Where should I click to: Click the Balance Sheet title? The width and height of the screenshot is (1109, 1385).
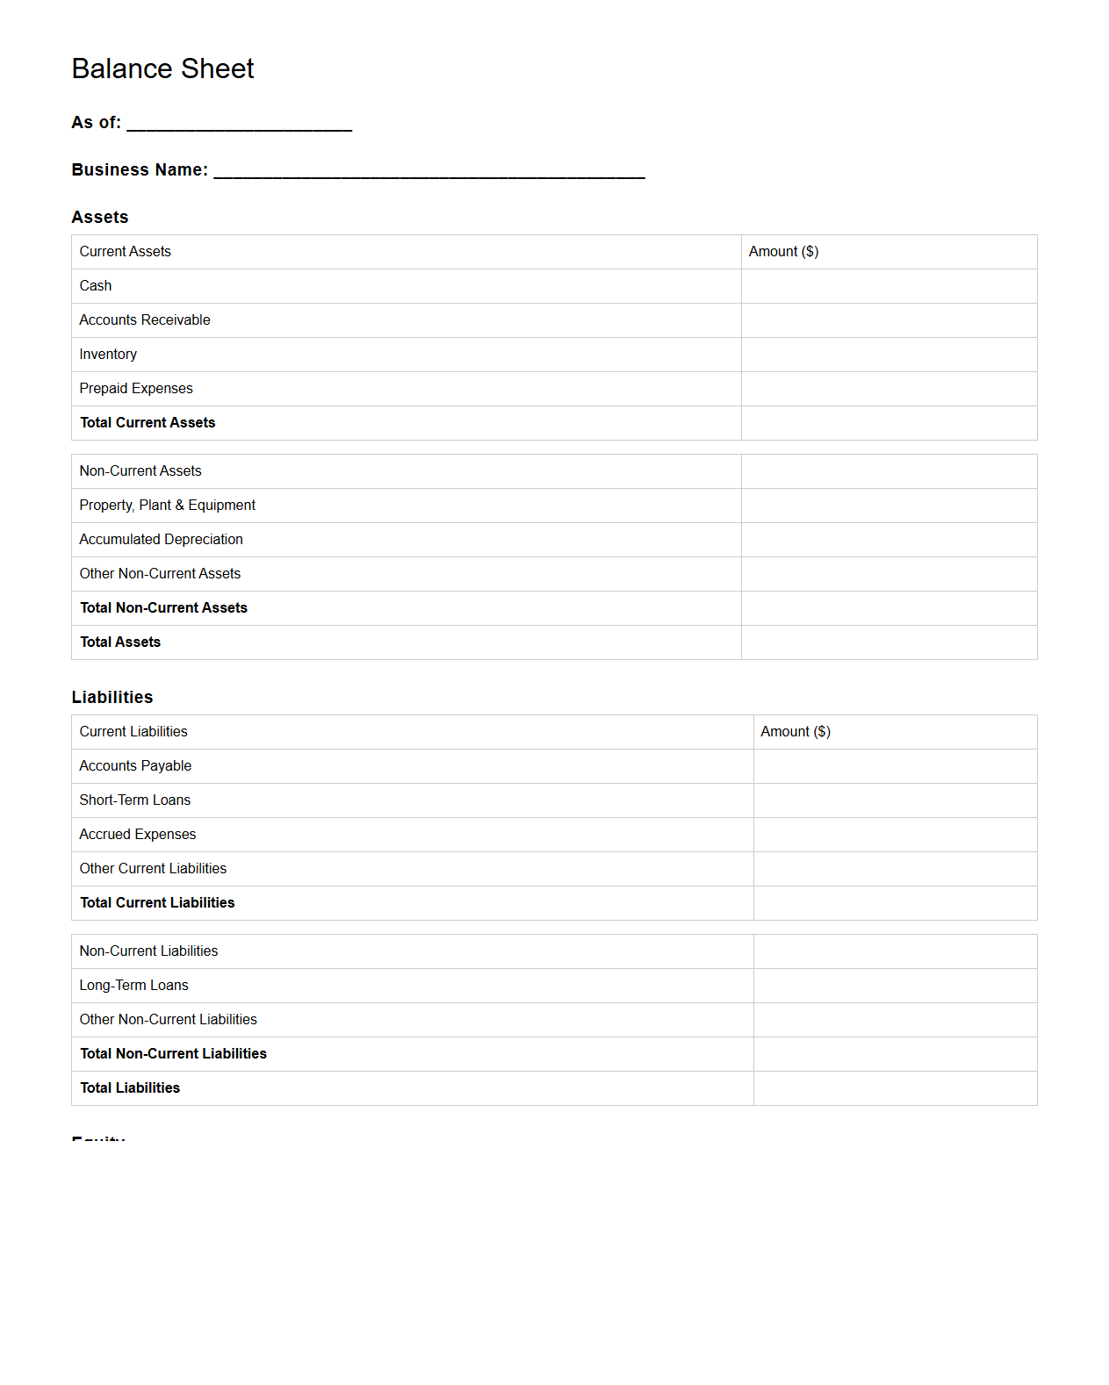click(x=162, y=68)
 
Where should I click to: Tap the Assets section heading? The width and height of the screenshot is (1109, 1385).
click(x=100, y=217)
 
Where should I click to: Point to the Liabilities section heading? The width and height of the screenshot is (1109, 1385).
click(x=112, y=697)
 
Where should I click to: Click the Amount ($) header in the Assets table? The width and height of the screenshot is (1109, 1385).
click(x=783, y=252)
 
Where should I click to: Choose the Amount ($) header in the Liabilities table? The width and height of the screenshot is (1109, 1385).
click(x=796, y=732)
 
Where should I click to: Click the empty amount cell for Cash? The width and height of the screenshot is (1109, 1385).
click(x=889, y=286)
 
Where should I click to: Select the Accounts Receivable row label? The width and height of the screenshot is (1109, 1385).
click(x=145, y=320)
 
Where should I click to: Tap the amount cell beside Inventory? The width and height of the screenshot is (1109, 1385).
click(x=889, y=355)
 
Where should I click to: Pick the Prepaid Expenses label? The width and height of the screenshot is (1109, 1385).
click(x=136, y=389)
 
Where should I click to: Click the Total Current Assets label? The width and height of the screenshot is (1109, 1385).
click(x=148, y=423)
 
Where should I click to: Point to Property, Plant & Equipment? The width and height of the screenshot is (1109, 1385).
click(x=168, y=506)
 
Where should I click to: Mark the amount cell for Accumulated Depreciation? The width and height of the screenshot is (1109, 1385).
click(x=889, y=540)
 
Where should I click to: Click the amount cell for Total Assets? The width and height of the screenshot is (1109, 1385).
click(x=889, y=642)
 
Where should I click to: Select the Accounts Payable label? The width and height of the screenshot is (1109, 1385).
click(x=135, y=766)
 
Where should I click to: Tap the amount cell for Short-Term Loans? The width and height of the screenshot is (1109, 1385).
click(x=895, y=800)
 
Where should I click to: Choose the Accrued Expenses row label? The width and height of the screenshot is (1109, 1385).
click(x=138, y=835)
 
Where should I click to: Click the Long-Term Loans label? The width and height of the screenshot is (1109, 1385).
click(x=133, y=986)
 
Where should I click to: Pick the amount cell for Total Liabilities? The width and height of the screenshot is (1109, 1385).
click(x=895, y=1088)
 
